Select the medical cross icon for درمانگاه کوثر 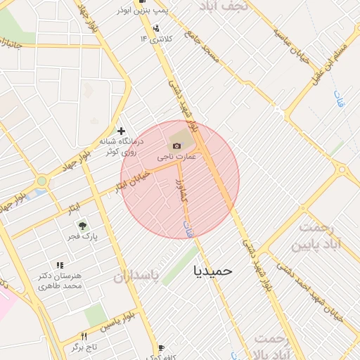(122, 131)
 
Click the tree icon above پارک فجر (82, 226)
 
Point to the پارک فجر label (84, 237)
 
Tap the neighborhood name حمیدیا (216, 269)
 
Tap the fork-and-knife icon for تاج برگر (84, 337)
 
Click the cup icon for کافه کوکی (161, 347)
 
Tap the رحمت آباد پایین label (320, 236)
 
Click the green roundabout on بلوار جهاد (42, 181)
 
